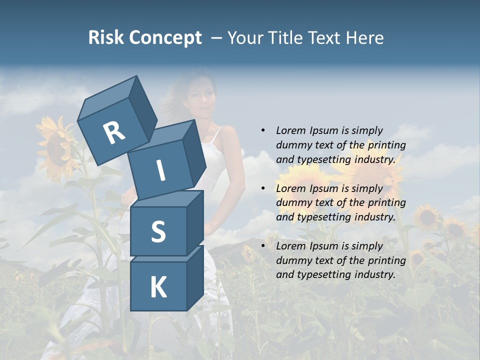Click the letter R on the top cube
114,132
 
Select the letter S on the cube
158,231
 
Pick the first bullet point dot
263,130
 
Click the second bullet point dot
263,188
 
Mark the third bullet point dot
263,246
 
